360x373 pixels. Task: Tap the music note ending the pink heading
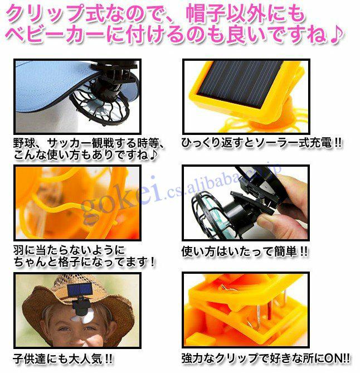point(337,34)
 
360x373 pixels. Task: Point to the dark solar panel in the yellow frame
point(240,81)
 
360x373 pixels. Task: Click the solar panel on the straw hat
point(80,290)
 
